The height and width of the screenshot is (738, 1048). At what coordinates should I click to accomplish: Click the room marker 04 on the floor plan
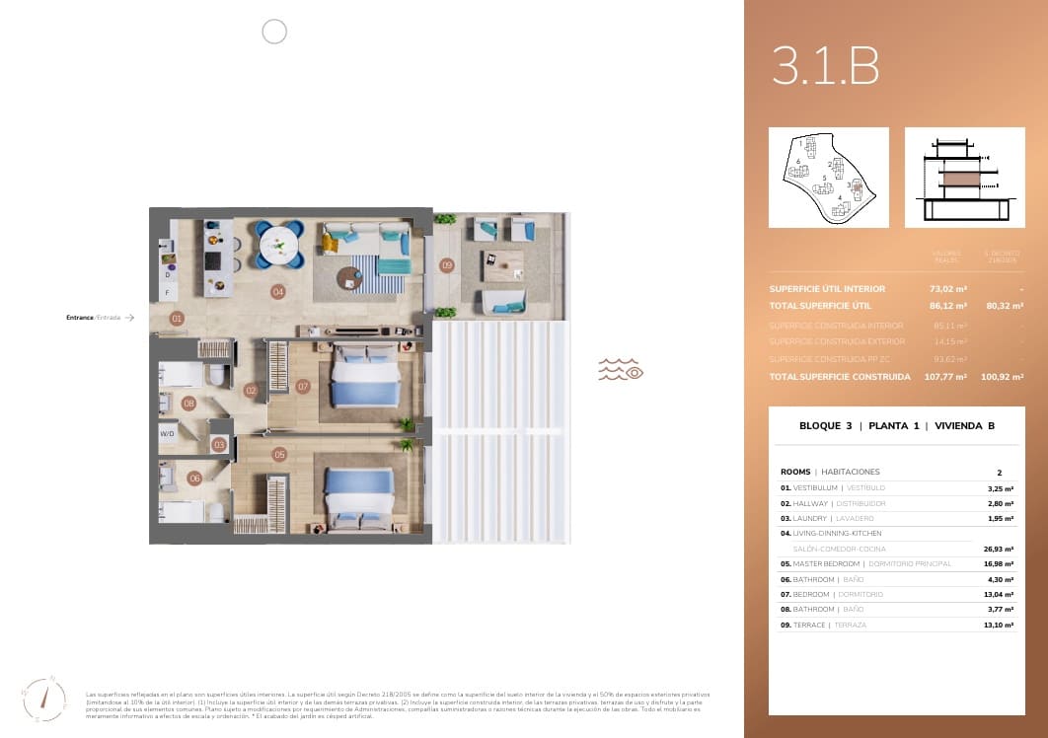[x=278, y=291]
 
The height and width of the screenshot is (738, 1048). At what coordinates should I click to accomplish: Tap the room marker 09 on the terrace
[x=447, y=264]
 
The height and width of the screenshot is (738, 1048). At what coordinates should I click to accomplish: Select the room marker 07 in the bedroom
[x=303, y=387]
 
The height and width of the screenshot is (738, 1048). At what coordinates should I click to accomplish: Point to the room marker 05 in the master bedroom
[x=280, y=455]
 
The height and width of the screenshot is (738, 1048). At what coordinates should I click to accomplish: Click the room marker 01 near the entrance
[x=177, y=319]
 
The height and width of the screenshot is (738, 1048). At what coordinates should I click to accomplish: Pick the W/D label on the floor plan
[x=167, y=433]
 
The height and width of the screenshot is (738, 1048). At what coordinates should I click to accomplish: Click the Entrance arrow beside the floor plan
[x=128, y=318]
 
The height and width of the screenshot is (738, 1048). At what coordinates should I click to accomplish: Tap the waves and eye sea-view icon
[x=621, y=370]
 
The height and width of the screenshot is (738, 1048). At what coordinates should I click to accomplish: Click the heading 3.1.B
[x=825, y=67]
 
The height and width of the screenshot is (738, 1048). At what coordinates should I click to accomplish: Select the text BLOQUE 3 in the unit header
[x=825, y=426]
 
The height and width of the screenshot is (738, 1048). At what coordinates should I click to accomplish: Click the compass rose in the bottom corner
[x=44, y=700]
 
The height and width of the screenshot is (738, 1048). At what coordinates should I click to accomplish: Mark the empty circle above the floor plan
[x=274, y=33]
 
